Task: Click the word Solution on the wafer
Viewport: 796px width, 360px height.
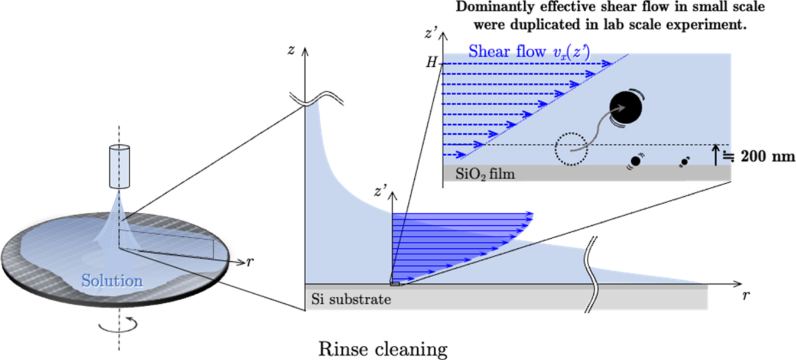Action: [112, 280]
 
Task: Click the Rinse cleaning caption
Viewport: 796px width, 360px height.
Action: [383, 349]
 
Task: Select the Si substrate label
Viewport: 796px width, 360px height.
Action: [351, 300]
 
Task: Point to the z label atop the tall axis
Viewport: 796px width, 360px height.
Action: [291, 50]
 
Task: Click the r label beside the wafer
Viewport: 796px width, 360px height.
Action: [251, 262]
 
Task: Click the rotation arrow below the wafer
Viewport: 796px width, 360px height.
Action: [119, 323]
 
